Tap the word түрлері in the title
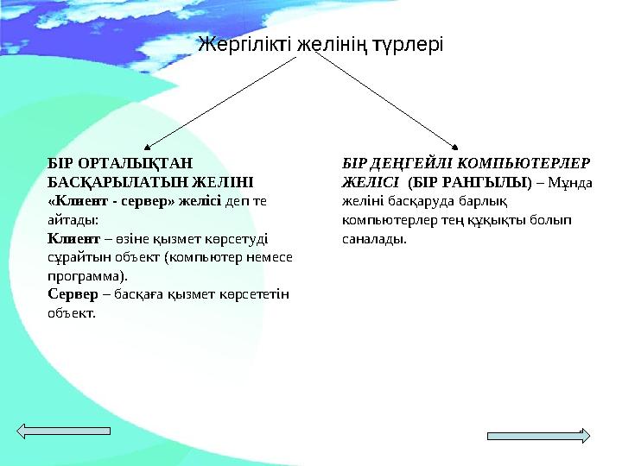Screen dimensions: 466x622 click(x=406, y=43)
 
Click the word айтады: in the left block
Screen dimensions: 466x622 click(x=73, y=220)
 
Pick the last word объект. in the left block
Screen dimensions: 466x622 click(x=71, y=313)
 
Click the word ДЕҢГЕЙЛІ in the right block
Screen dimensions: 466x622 click(x=404, y=163)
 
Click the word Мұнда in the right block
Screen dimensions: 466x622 click(x=572, y=182)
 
